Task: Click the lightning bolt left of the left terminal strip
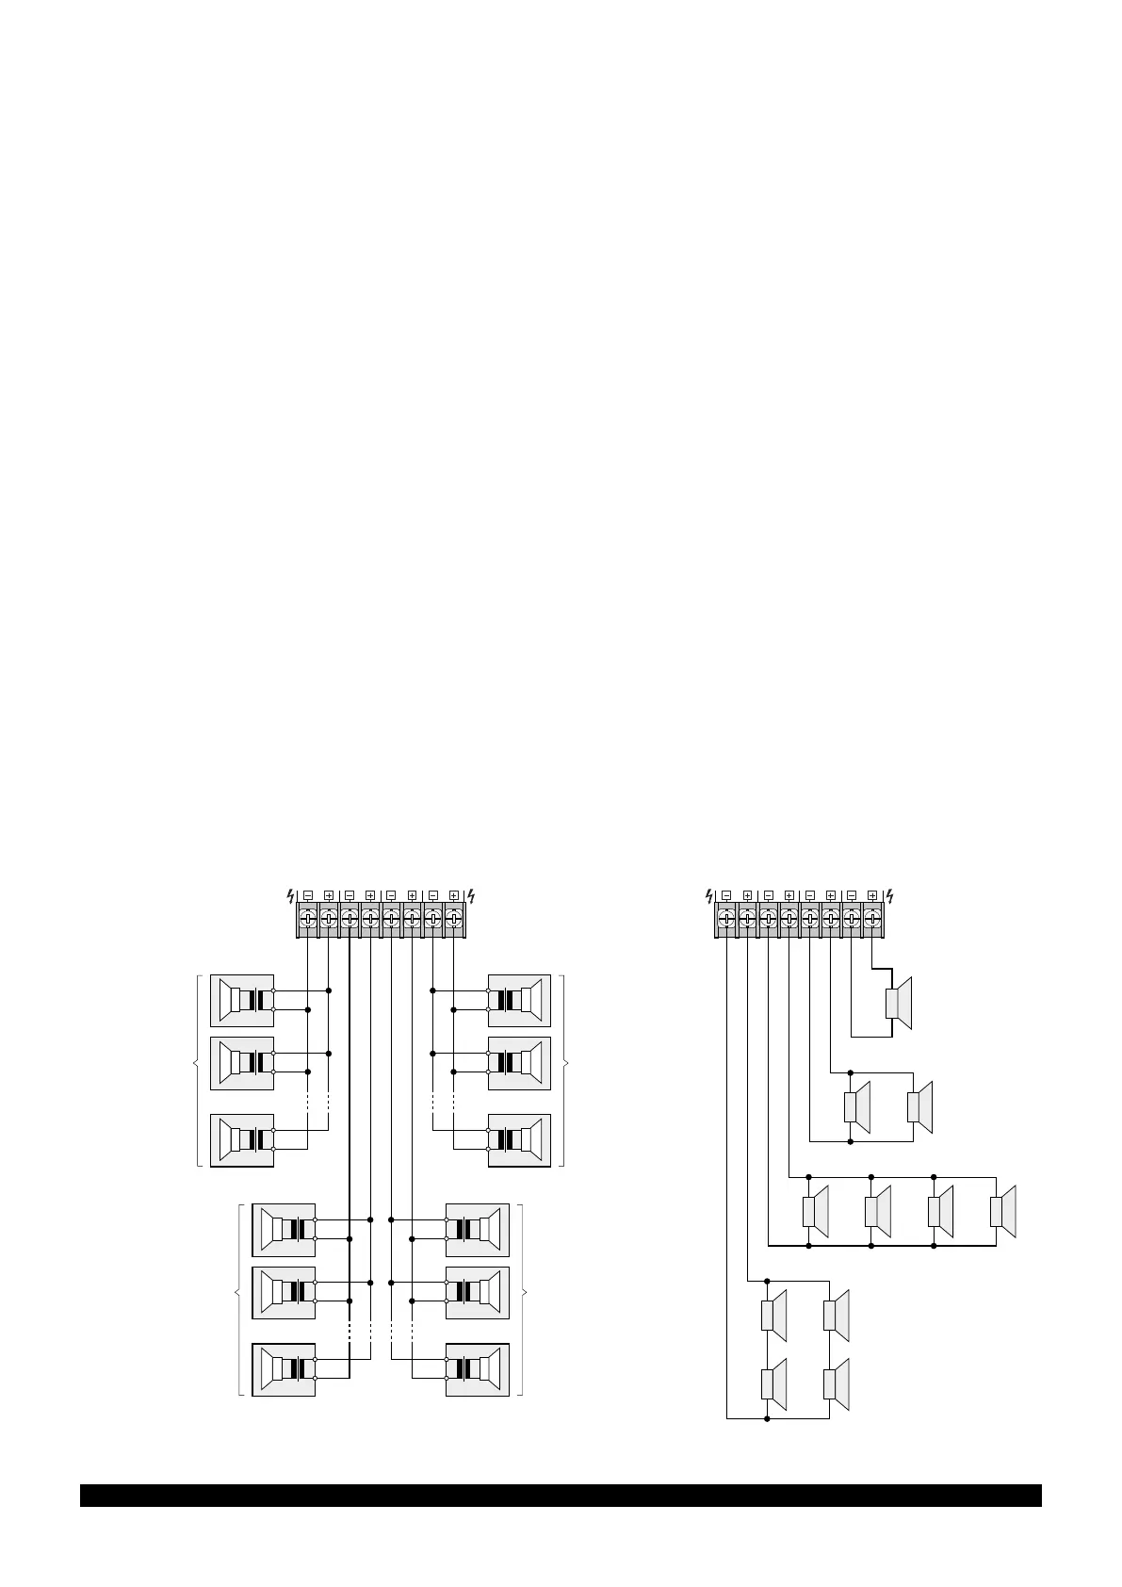290,895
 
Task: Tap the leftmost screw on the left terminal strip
307,918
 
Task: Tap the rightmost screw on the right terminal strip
872,918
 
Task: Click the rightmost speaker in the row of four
1004,1212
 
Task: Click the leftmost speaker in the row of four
816,1212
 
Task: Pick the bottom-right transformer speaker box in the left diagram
478,1369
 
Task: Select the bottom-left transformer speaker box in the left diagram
284,1369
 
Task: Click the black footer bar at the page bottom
561,1496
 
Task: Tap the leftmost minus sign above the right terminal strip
726,895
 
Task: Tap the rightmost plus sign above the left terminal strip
454,895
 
